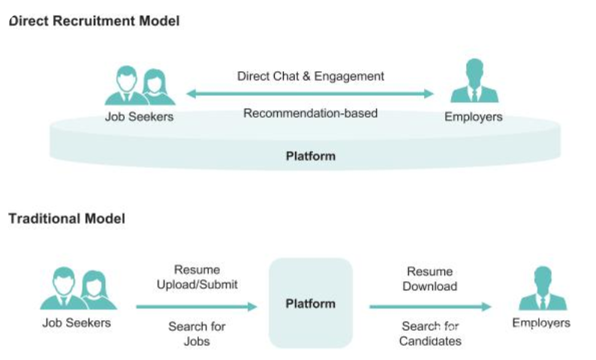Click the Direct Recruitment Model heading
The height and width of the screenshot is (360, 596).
tap(95, 21)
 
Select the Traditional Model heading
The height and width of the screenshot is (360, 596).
tap(67, 219)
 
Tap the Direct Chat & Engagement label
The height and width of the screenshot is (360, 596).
tap(310, 76)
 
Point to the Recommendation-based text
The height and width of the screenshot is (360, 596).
tap(310, 113)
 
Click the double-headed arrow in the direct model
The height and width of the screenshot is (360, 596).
tap(310, 94)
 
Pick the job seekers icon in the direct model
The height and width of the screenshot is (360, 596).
tap(140, 86)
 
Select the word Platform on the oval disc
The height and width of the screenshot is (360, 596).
tap(310, 157)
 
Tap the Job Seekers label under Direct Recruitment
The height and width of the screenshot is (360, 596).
tap(139, 117)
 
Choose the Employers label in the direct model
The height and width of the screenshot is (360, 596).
tap(473, 117)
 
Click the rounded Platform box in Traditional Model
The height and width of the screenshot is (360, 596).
tap(310, 303)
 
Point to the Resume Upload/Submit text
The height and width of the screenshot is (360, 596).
tap(197, 277)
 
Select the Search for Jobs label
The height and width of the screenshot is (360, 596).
tap(197, 334)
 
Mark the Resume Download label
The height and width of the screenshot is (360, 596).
tap(429, 278)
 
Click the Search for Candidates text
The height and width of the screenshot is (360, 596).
tap(430, 334)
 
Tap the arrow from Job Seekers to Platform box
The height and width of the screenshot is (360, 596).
tap(197, 307)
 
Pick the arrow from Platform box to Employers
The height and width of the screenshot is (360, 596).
tap(430, 307)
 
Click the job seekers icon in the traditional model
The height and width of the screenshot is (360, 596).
tap(78, 289)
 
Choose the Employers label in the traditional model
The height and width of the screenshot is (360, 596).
tap(541, 323)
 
